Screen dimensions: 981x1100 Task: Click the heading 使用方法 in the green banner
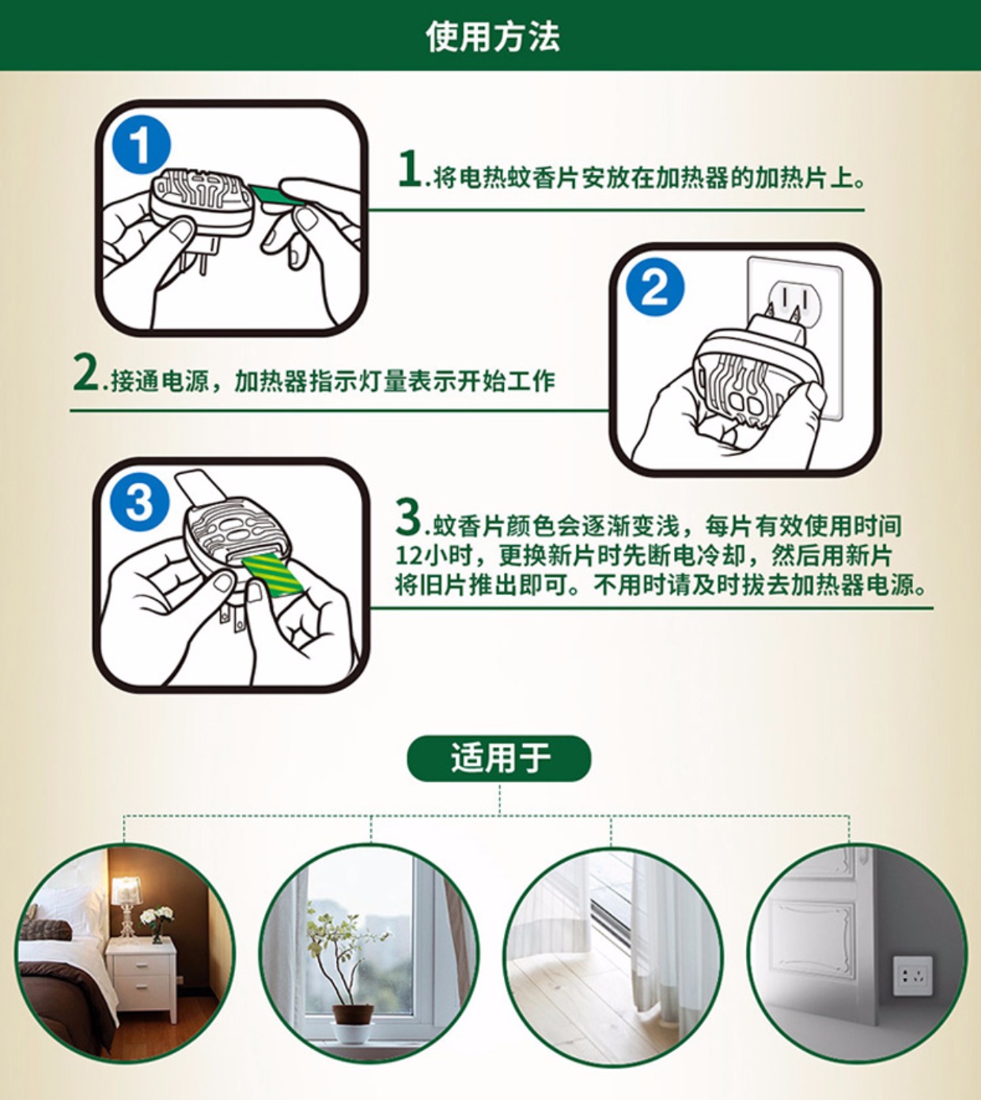(492, 37)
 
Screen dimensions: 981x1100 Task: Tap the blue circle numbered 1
(141, 145)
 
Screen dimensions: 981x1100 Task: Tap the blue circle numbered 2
(655, 286)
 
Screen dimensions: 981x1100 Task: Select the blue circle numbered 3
(139, 503)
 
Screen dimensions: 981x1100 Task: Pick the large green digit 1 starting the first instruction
(411, 169)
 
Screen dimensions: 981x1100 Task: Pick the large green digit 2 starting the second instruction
(85, 373)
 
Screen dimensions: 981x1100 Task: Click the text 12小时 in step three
(430, 556)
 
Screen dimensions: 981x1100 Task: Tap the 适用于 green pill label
(499, 758)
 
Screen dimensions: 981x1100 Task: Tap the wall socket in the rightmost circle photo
(913, 976)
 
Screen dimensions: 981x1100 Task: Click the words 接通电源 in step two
(160, 381)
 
